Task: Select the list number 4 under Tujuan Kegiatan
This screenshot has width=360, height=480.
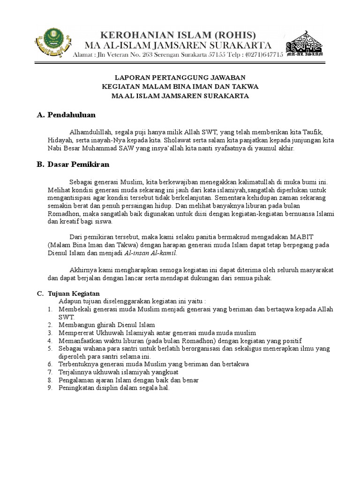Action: click(x=50, y=340)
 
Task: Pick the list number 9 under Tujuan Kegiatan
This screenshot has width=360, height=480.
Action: click(x=50, y=388)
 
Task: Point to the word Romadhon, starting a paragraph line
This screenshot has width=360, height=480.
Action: click(x=62, y=214)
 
